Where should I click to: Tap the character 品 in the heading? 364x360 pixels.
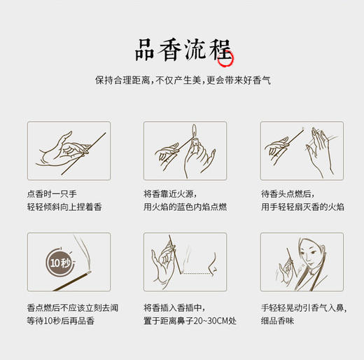149,50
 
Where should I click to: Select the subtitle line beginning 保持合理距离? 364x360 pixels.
183,81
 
